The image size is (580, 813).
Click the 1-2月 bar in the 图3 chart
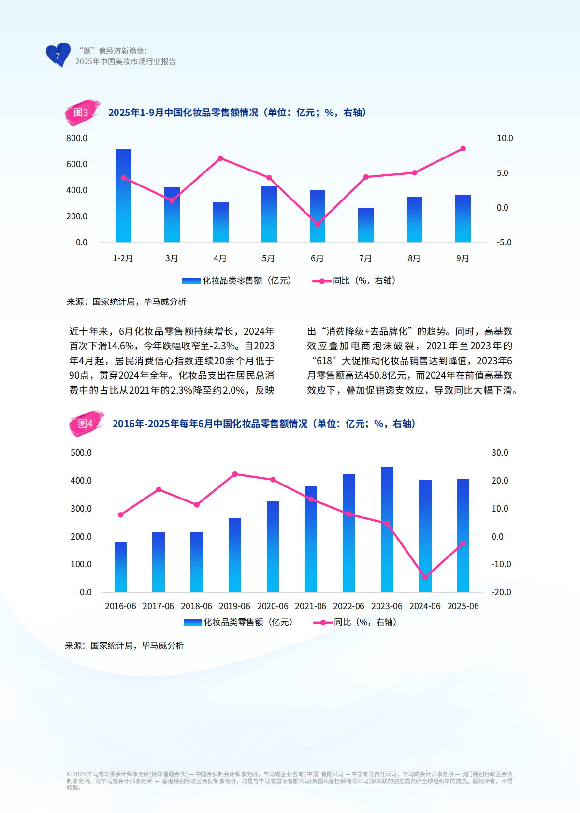123,196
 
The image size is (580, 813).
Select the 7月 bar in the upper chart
366,226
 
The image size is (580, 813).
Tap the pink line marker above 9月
463,149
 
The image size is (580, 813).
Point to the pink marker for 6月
318,224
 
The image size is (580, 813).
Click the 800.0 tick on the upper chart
77,138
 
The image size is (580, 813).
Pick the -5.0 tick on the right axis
504,242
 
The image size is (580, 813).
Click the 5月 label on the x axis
268,258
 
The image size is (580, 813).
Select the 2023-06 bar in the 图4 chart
387,529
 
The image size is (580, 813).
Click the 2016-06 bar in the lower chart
120,567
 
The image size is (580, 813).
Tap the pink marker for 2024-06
425,577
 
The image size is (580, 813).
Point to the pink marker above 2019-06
235,474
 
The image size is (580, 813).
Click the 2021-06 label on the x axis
310,606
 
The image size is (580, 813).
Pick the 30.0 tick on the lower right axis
500,453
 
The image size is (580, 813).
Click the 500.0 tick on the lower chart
81,453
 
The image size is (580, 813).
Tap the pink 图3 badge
81,113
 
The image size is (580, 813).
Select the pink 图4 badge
86,424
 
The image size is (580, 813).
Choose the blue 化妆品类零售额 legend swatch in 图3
191,281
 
